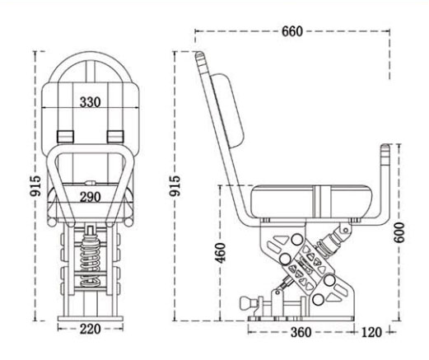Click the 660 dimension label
(291, 31)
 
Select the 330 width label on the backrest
(91, 103)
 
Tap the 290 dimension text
(91, 196)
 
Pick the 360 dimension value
(301, 332)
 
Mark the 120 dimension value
(371, 332)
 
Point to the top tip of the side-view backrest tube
(199, 56)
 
